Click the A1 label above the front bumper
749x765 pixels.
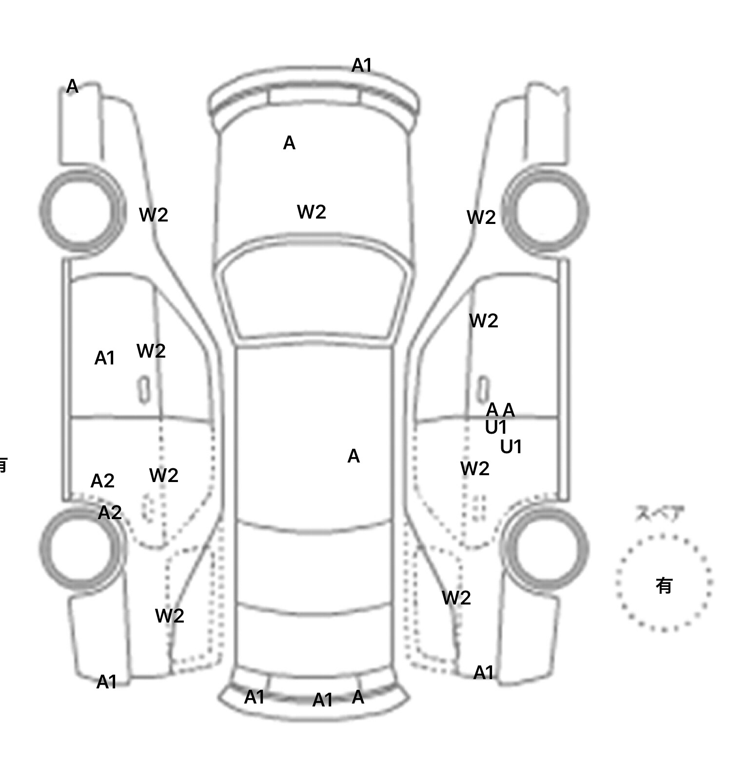tap(361, 65)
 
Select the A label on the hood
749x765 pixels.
tap(289, 143)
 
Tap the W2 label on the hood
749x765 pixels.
tap(311, 212)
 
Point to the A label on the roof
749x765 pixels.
tap(354, 456)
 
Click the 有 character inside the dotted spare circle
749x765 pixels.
tap(664, 585)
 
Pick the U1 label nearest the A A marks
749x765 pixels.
tap(495, 427)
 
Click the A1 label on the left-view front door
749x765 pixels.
tap(104, 358)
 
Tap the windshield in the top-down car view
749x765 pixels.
tap(315, 298)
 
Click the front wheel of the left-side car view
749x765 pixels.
tap(82, 211)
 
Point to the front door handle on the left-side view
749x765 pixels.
tap(144, 390)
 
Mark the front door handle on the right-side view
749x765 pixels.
tap(482, 389)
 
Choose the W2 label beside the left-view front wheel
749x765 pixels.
tap(153, 215)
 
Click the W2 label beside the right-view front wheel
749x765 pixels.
tap(481, 217)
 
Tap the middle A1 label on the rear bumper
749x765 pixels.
tap(322, 700)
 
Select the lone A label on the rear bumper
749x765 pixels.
tap(358, 697)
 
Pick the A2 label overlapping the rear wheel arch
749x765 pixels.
tap(110, 512)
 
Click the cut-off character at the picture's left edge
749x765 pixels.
tap(3, 465)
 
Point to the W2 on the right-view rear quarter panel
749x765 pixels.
tap(456, 598)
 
